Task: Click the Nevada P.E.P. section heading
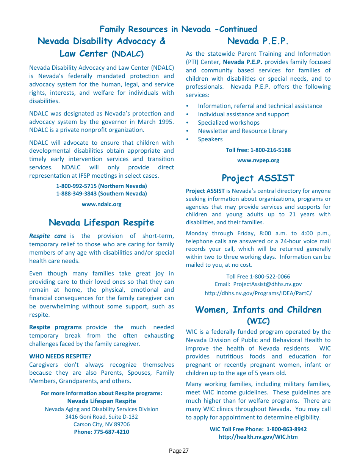pos(258,41)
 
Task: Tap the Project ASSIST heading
pos(258,178)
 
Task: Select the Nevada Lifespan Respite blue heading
pos(102,222)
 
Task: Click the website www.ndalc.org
pos(102,204)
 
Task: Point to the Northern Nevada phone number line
pos(102,186)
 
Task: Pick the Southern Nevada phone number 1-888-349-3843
pos(102,194)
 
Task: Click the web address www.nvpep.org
pos(258,160)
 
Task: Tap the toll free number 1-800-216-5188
pos(258,150)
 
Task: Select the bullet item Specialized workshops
pos(229,123)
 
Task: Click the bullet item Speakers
pos(210,139)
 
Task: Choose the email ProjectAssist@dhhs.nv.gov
pos(267,284)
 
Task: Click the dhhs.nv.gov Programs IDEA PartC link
pos(258,293)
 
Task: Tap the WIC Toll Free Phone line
pos(258,429)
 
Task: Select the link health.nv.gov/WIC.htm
pos(258,437)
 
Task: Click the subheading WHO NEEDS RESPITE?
pos(60,357)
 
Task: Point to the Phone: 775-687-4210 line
pos(102,432)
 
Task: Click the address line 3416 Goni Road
pos(102,417)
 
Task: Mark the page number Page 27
pos(178,451)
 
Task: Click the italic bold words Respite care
pos(48,236)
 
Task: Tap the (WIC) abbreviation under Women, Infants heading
pos(258,321)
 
